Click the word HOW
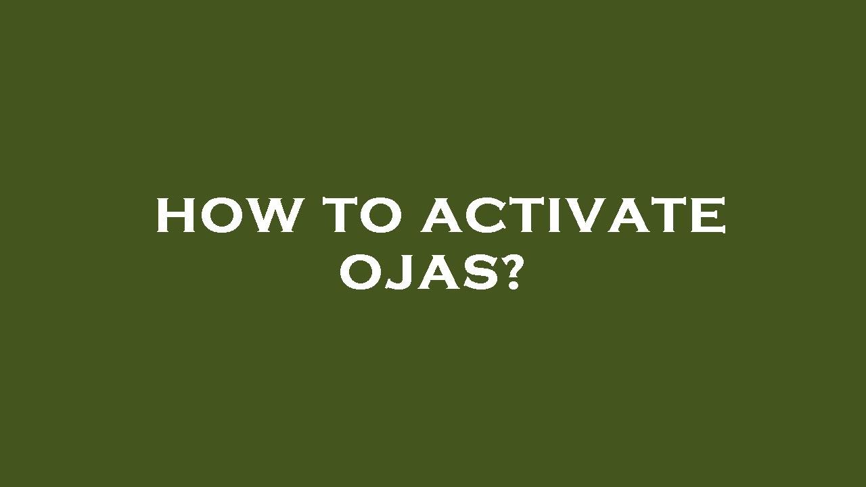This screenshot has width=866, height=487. click(227, 216)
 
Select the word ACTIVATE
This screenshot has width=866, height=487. click(574, 216)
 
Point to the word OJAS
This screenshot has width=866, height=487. click(419, 273)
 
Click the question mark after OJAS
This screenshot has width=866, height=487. click(514, 273)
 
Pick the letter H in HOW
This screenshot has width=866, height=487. click(175, 216)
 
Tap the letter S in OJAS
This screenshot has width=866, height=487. click(480, 273)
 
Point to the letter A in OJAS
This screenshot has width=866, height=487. click(436, 273)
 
